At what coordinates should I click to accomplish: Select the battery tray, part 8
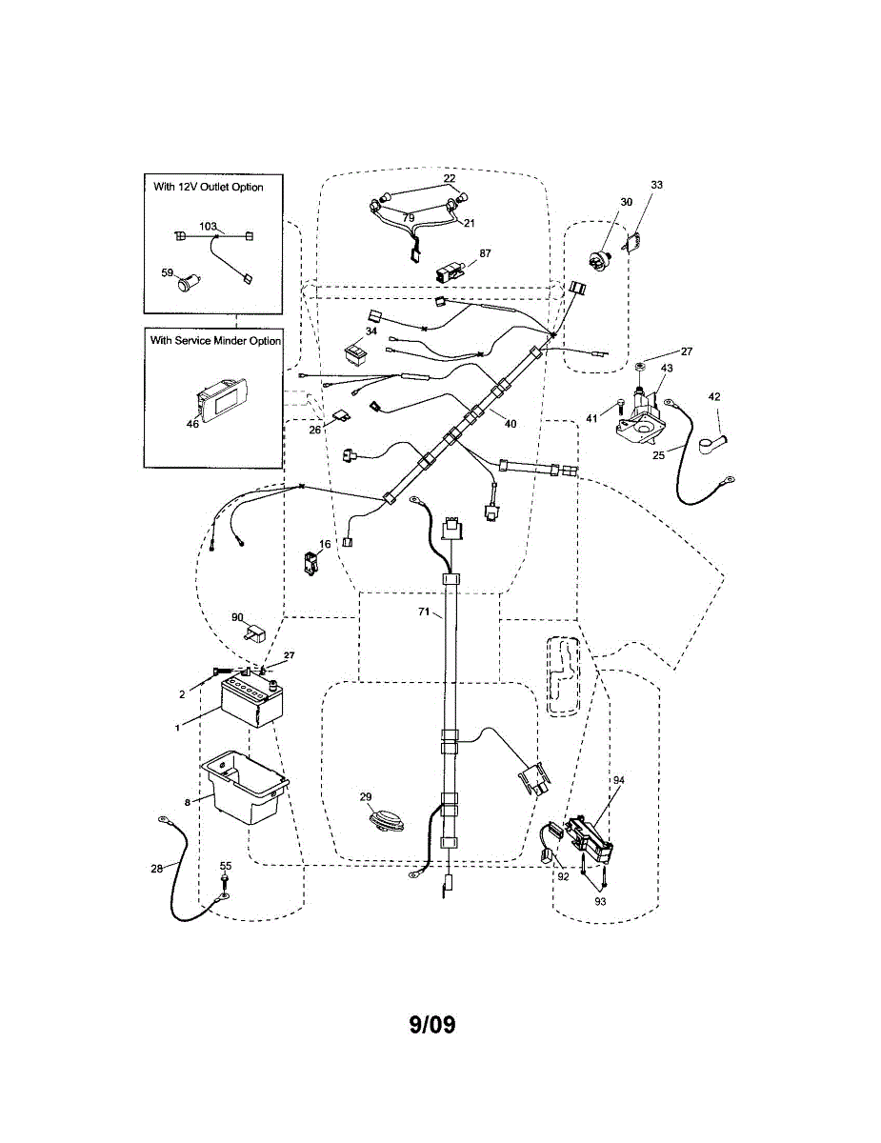(246, 786)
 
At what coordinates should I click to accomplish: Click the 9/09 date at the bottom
(432, 1025)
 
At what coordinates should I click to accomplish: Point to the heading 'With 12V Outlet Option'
(208, 187)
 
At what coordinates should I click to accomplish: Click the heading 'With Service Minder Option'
(214, 340)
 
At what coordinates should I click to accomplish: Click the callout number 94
(618, 780)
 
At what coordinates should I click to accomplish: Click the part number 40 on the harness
(510, 424)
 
